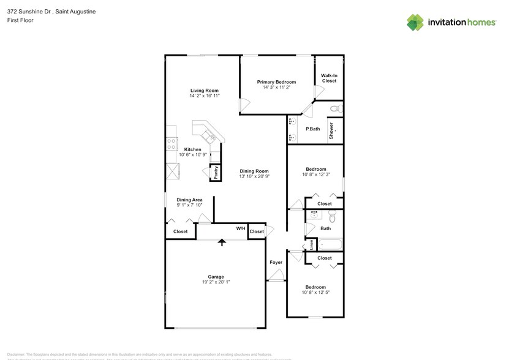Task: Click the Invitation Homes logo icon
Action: click(415, 22)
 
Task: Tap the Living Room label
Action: click(204, 90)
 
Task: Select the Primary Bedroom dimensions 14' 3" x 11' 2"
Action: click(276, 88)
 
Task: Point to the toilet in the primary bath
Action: click(334, 108)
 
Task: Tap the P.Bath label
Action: click(312, 129)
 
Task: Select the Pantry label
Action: click(216, 173)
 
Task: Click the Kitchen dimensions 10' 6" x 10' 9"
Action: click(193, 156)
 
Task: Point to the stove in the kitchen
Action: click(171, 144)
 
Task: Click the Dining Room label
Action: click(254, 171)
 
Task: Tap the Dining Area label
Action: click(189, 200)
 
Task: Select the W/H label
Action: click(241, 228)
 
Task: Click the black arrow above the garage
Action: click(222, 242)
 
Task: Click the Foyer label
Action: click(276, 262)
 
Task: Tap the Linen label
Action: click(311, 244)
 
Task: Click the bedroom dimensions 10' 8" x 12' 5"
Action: click(315, 293)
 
